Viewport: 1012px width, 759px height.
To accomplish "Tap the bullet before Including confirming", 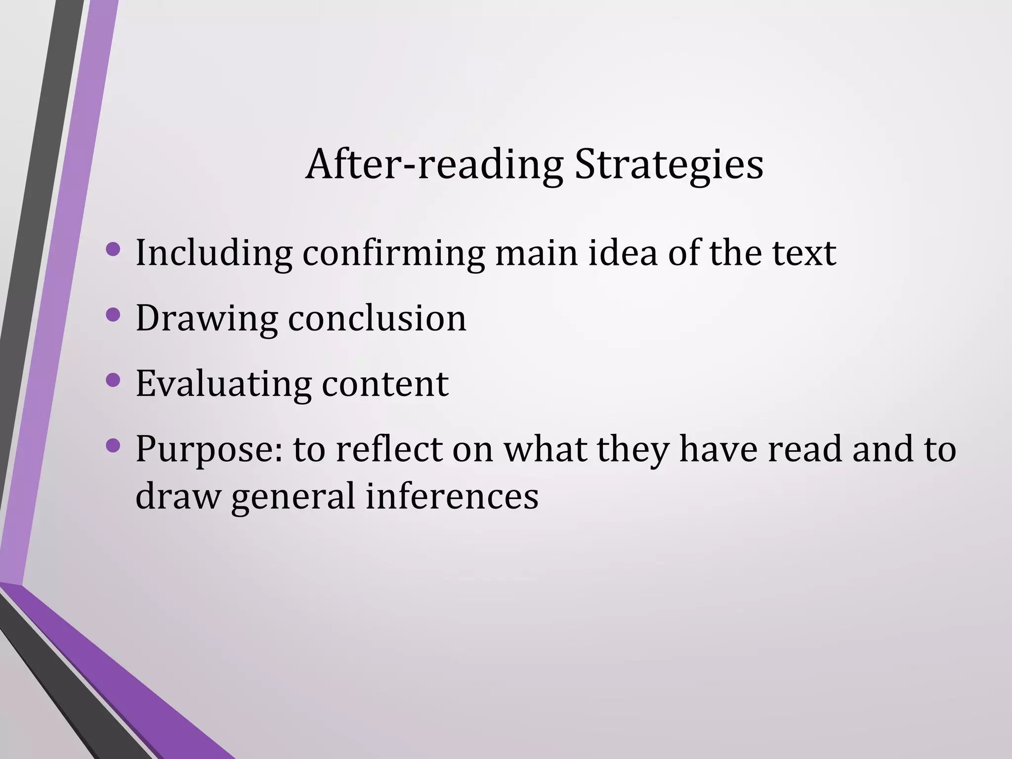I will (x=113, y=249).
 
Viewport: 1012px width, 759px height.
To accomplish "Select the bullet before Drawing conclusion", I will (x=113, y=315).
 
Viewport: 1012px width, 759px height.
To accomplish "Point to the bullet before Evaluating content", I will (x=113, y=380).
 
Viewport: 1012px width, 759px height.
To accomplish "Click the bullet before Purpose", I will (x=113, y=446).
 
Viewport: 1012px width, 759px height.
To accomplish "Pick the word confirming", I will (x=393, y=253).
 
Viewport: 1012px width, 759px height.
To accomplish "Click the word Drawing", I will (x=207, y=319).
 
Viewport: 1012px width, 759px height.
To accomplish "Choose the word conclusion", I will (x=377, y=318).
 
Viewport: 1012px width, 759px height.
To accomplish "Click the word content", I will (x=385, y=384).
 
